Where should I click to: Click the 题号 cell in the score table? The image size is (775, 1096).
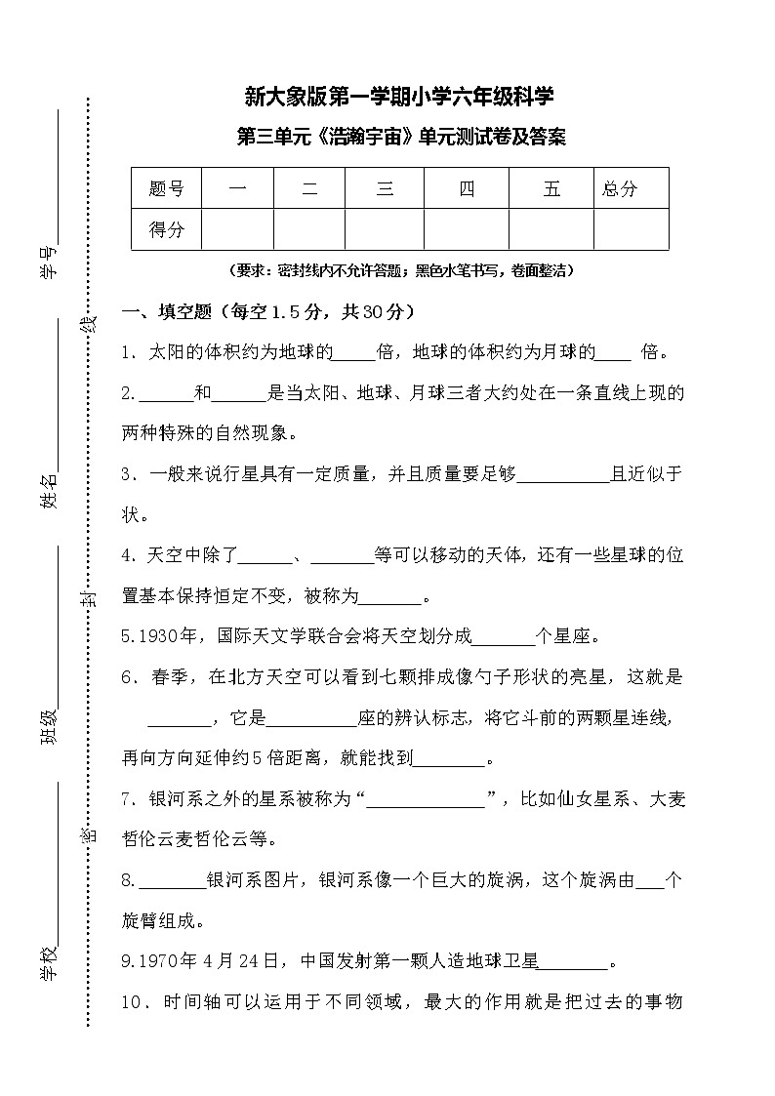click(x=166, y=188)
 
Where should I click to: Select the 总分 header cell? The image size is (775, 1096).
click(x=621, y=188)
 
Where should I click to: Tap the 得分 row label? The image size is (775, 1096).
click(x=166, y=230)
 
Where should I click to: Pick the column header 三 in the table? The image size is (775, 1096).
click(x=385, y=188)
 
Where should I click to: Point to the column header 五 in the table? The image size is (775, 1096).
click(x=551, y=188)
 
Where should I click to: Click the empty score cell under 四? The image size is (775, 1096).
click(x=467, y=230)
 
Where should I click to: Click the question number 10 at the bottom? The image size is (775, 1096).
click(x=134, y=1002)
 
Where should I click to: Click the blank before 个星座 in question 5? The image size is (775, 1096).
click(x=505, y=637)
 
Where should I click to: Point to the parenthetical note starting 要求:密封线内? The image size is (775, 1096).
click(x=399, y=270)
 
